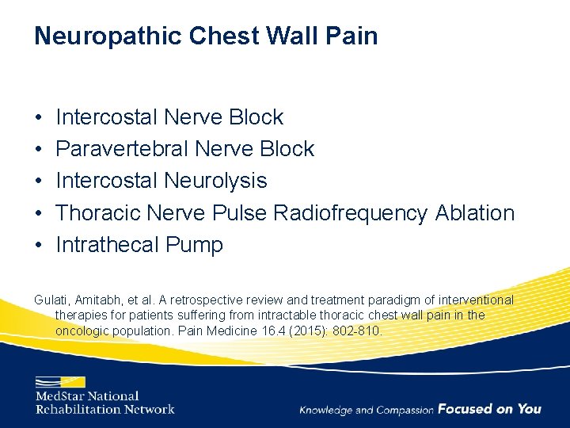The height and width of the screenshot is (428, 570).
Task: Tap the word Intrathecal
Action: [x=107, y=245]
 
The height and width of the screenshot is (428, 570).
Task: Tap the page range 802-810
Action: [x=360, y=330]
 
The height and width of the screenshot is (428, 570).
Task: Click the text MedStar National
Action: [x=87, y=396]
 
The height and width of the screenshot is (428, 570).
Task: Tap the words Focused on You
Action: [x=489, y=409]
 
